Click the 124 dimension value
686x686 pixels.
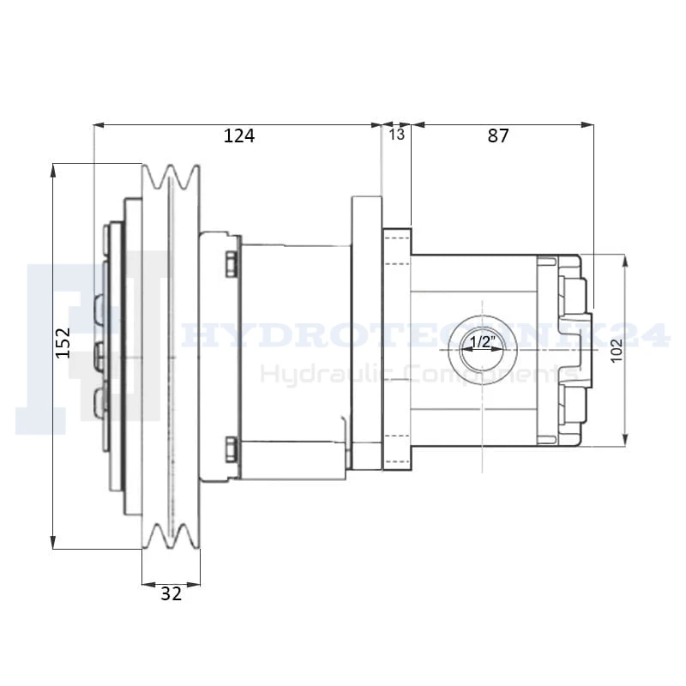[x=239, y=135]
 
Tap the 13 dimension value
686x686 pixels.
[x=396, y=135]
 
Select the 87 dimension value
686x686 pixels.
[x=498, y=135]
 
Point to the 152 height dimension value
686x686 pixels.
[x=63, y=342]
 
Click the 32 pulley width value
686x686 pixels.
[x=171, y=593]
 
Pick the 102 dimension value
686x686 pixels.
[x=617, y=350]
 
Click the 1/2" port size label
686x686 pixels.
[x=482, y=341]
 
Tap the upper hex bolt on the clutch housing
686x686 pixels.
[x=231, y=264]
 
